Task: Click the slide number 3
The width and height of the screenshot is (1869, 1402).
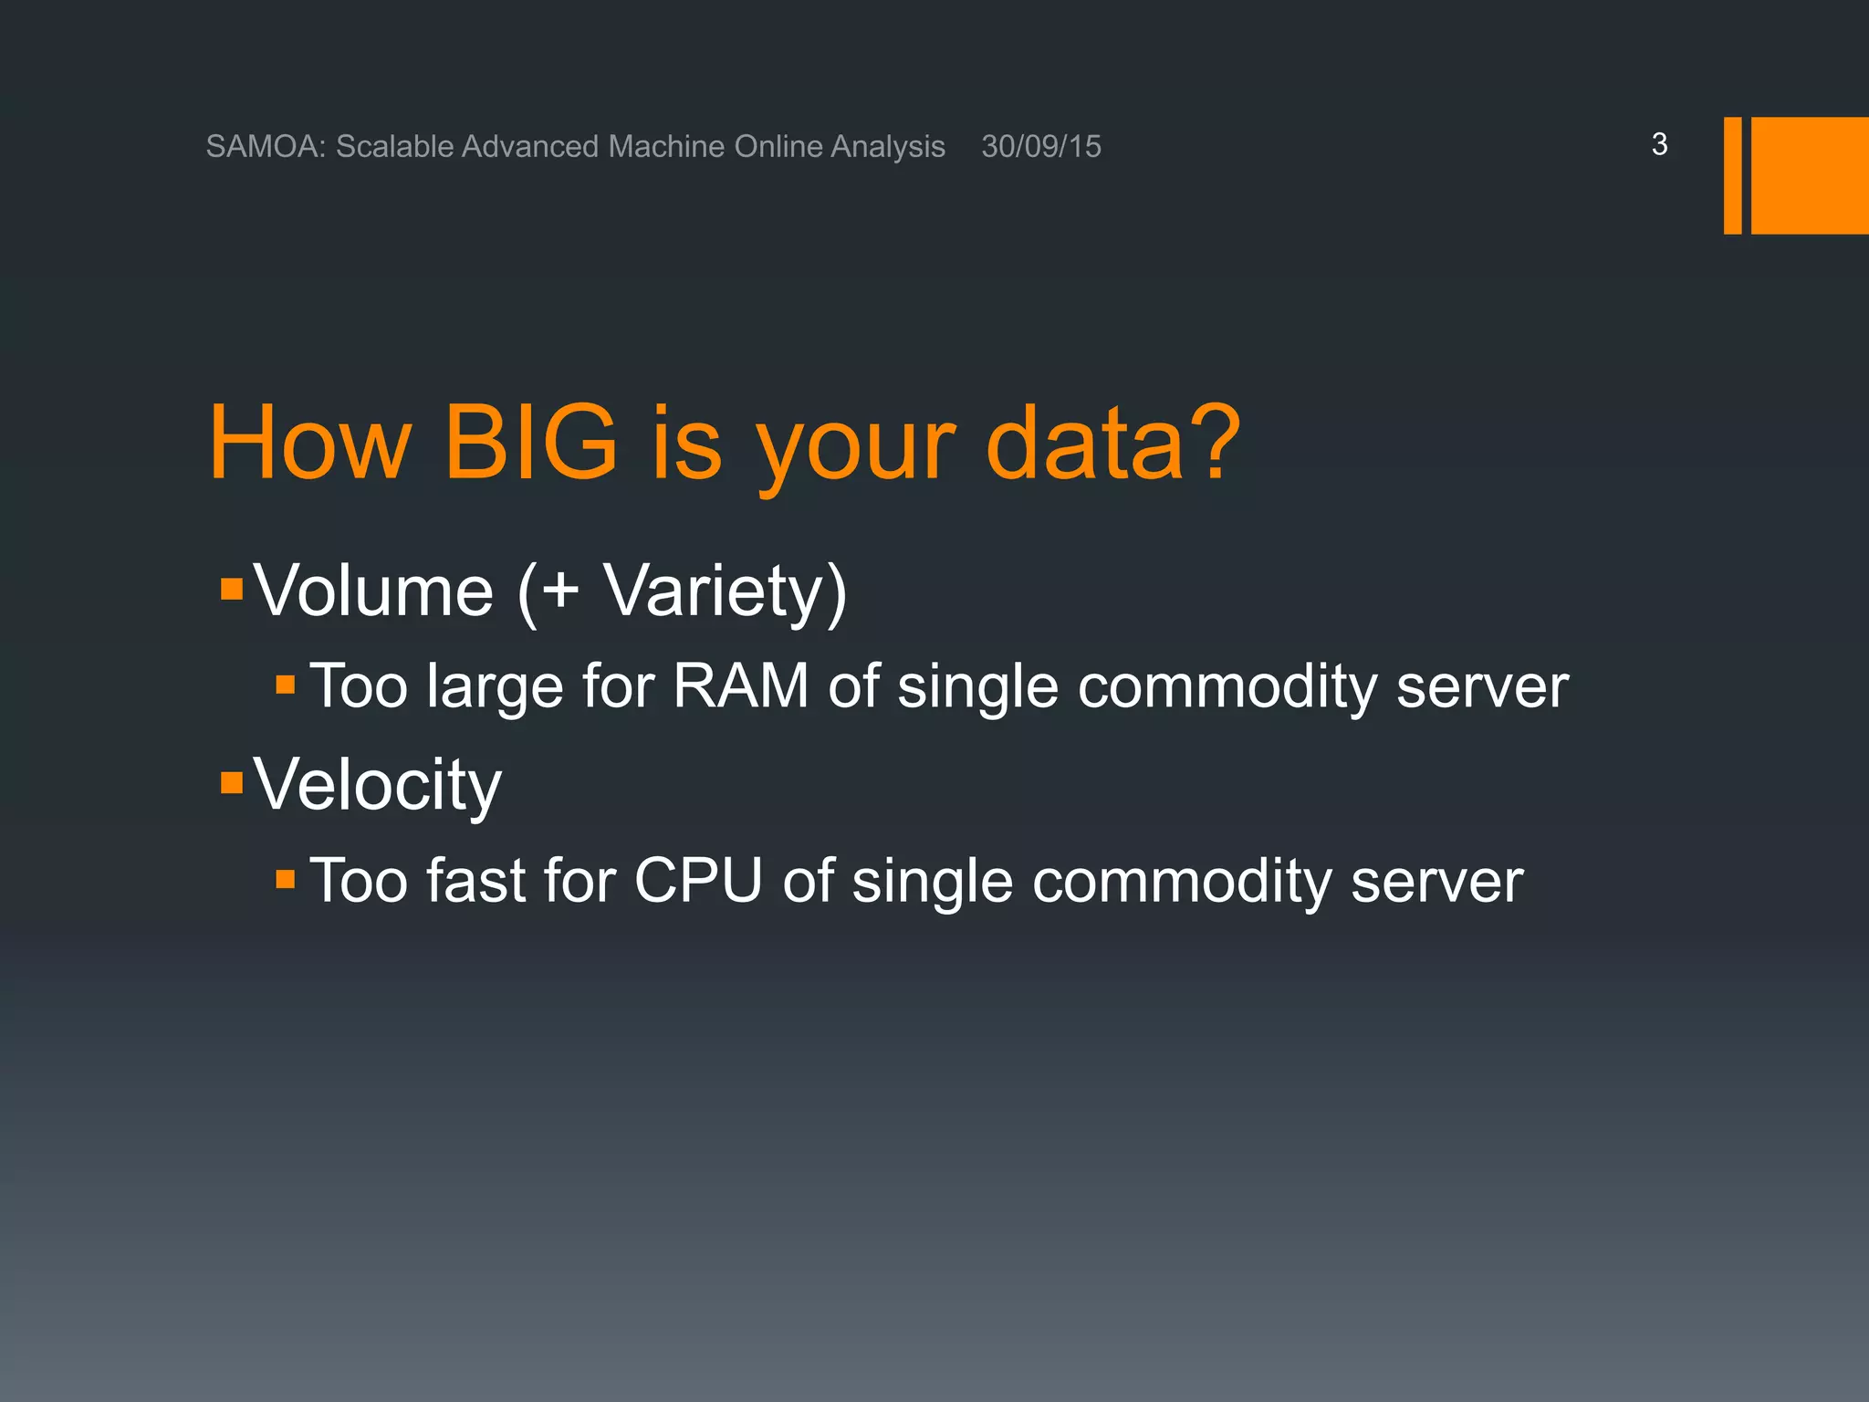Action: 1659,144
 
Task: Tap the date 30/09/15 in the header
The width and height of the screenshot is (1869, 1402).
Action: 1041,146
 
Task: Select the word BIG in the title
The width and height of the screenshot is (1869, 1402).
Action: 530,444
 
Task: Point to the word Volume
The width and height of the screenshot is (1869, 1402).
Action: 373,591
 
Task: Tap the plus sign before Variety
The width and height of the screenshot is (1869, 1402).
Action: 559,589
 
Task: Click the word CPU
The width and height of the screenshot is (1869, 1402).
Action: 698,881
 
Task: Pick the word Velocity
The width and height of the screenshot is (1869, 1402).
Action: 377,785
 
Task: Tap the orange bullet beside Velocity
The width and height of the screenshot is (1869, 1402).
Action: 232,782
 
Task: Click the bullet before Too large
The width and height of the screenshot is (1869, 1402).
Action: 286,685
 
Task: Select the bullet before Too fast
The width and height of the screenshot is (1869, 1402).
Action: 286,879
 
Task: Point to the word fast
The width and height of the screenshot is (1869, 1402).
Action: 475,881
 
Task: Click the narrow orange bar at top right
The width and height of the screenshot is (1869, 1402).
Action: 1732,175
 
